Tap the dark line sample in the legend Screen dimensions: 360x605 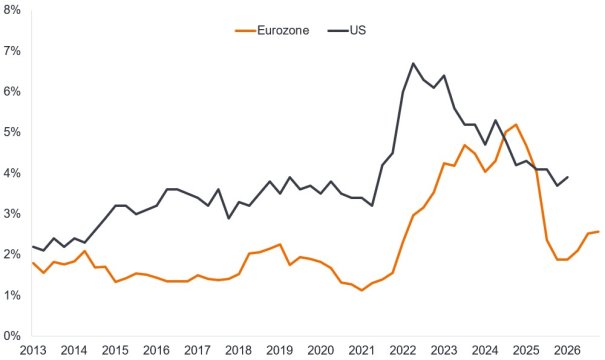click(334, 31)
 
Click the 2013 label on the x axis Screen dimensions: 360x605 click(33, 351)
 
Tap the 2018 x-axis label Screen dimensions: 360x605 click(238, 351)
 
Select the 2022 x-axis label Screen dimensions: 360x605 click(402, 351)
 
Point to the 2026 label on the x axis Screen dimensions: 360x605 click(566, 351)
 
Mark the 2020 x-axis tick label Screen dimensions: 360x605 click(320, 351)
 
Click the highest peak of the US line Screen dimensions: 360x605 click(413, 63)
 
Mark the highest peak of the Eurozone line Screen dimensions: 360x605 click(516, 125)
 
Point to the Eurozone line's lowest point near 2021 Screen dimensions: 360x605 click(361, 290)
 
